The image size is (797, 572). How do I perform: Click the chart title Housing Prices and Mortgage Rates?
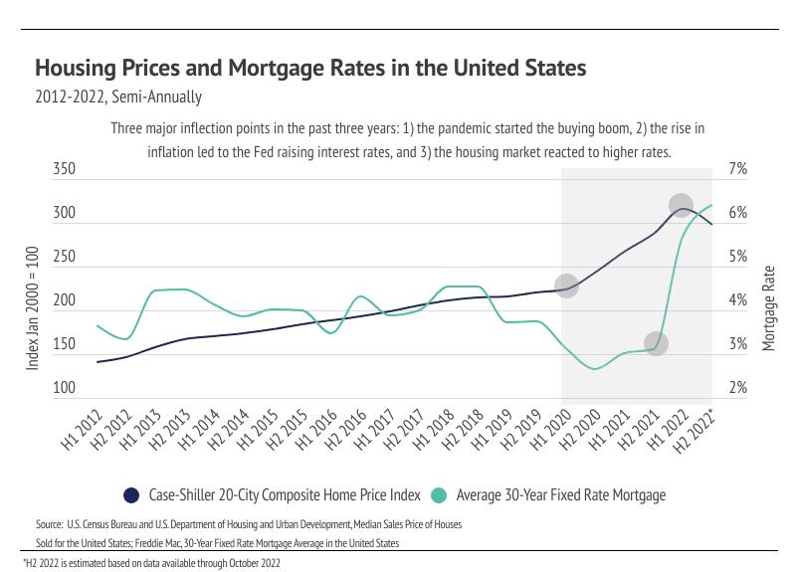point(310,69)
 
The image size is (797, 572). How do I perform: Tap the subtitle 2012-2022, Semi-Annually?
point(118,97)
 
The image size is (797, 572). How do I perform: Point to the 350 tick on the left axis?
point(64,170)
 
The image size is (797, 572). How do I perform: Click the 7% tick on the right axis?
point(737,170)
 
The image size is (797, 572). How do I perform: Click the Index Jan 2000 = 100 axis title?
point(32,308)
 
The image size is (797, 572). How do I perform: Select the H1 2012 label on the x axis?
point(84,431)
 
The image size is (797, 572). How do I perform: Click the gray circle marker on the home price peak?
point(681,206)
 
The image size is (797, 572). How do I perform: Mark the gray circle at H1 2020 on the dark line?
point(566,286)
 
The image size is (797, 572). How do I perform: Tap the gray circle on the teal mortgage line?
point(656,344)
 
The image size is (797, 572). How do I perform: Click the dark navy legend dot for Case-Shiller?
point(130,494)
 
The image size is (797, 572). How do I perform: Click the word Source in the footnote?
point(49,523)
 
